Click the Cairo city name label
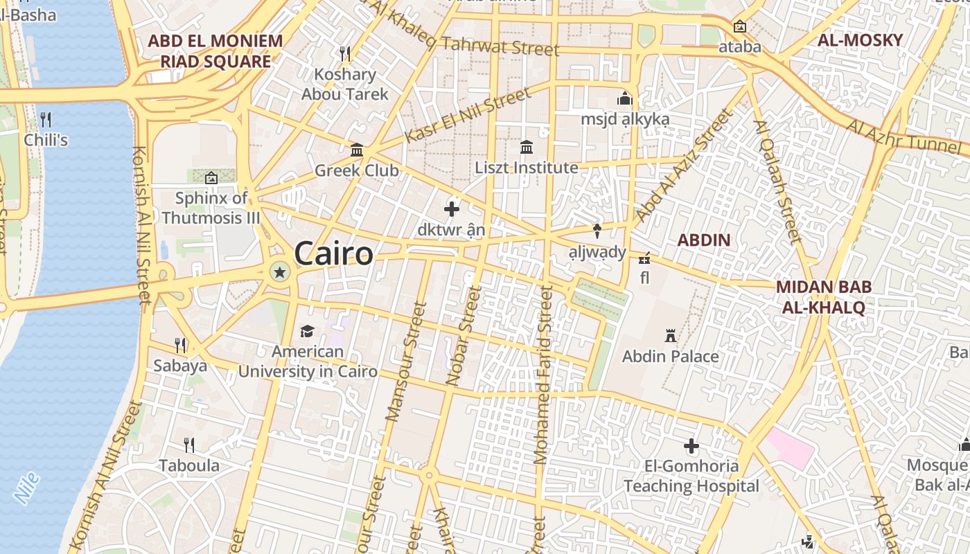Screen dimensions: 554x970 point(333,253)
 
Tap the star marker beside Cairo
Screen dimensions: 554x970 point(280,272)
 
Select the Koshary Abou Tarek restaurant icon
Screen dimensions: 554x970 point(344,53)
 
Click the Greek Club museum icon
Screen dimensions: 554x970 point(357,150)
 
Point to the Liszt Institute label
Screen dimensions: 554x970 point(527,168)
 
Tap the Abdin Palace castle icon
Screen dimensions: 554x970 point(670,336)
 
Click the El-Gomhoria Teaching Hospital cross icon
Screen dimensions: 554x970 point(691,446)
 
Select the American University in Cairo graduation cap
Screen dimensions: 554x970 point(307,331)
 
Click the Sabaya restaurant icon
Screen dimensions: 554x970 point(180,345)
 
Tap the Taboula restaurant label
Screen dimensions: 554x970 point(189,465)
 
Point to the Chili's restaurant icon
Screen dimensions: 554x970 point(46,119)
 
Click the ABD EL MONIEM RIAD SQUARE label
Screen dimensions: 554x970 point(215,51)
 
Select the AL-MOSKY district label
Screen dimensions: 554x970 point(860,39)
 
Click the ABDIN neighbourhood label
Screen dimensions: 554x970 point(703,240)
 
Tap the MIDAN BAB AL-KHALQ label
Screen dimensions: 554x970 point(824,297)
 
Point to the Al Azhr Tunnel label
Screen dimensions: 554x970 point(908,138)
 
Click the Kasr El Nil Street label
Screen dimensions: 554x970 point(467,115)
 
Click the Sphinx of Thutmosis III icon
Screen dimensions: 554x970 point(211,178)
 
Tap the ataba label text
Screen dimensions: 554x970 point(739,47)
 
